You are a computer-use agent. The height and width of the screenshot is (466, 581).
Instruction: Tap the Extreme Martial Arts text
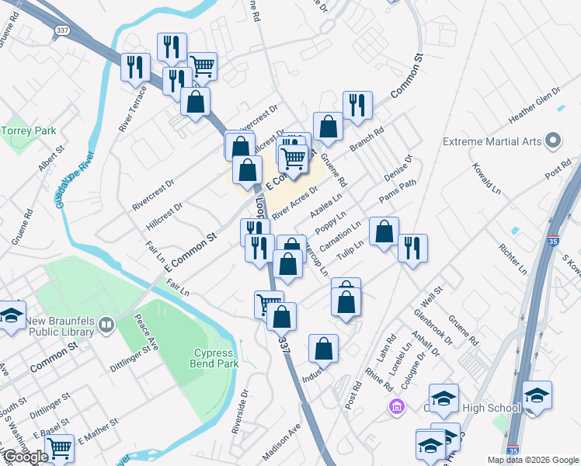(492, 142)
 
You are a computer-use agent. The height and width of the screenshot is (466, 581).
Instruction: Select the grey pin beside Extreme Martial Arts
(553, 141)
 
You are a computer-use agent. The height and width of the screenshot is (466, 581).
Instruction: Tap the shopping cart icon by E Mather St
(60, 448)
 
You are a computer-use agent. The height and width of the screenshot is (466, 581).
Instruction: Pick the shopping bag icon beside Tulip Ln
(384, 231)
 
